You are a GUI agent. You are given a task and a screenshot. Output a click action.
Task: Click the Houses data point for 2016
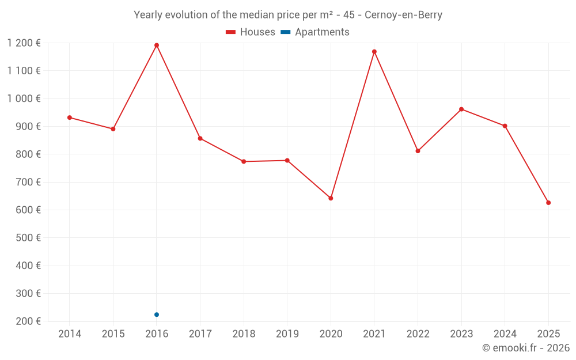click(157, 45)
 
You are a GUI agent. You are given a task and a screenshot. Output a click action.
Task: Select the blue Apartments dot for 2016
click(157, 314)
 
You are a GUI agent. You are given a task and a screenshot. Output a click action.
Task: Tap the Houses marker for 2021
click(374, 52)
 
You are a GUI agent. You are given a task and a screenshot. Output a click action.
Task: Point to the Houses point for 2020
click(331, 198)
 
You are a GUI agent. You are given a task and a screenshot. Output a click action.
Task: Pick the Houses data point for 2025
click(548, 203)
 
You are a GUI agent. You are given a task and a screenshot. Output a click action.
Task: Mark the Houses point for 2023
click(461, 109)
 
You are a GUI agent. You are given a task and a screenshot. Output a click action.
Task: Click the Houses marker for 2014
click(70, 118)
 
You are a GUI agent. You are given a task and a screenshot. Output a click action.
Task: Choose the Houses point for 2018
click(244, 161)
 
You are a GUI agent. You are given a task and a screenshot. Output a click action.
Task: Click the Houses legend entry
click(251, 32)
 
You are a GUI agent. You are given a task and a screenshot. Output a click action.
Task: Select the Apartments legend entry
click(316, 32)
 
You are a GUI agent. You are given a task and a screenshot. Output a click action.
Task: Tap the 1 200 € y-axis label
click(24, 43)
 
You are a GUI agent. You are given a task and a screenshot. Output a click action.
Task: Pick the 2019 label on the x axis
click(287, 334)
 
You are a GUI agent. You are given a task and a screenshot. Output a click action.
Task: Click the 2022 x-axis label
click(418, 334)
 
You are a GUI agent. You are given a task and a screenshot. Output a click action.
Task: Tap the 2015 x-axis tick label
click(113, 334)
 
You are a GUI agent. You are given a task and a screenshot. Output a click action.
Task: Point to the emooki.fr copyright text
click(526, 348)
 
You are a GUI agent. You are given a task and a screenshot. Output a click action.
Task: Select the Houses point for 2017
click(200, 138)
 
